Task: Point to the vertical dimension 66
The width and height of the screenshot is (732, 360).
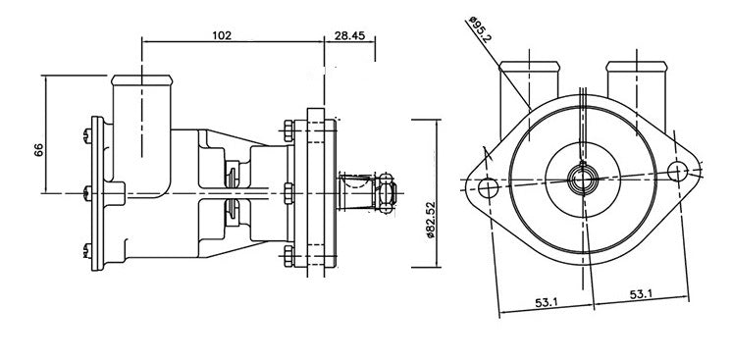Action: click(38, 149)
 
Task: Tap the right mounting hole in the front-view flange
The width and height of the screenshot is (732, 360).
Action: click(678, 171)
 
